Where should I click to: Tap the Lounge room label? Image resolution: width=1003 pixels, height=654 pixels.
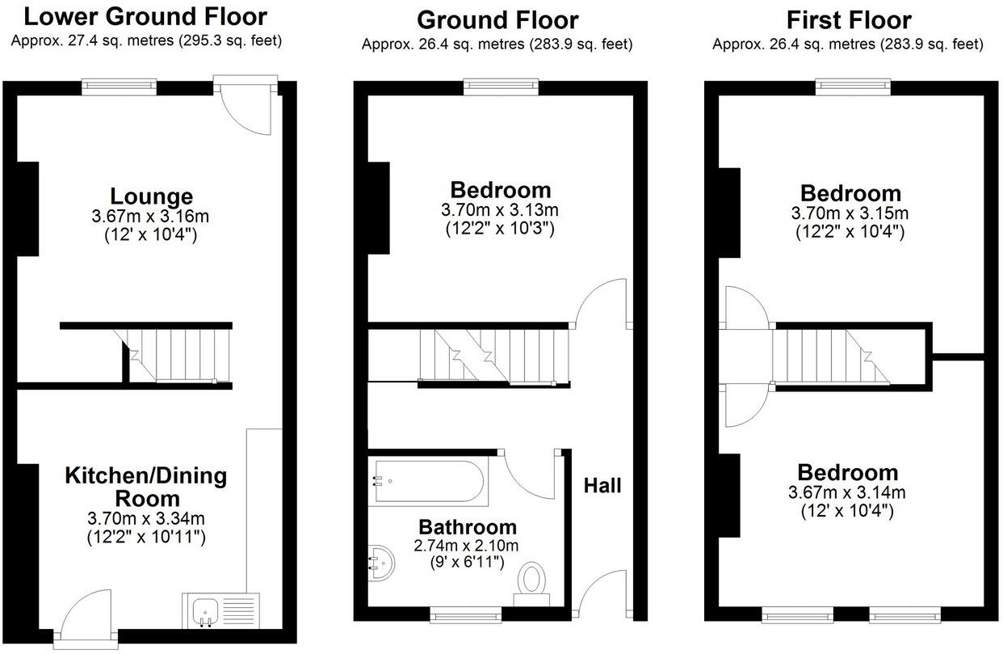click(151, 196)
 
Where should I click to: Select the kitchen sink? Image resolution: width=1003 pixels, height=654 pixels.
click(205, 610)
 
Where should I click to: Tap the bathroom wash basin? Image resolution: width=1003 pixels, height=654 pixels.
click(382, 562)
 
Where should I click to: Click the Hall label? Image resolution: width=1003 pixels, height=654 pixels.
click(602, 486)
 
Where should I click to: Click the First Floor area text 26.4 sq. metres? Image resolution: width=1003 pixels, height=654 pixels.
click(847, 44)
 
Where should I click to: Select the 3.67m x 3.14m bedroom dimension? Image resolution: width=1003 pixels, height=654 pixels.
click(847, 492)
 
